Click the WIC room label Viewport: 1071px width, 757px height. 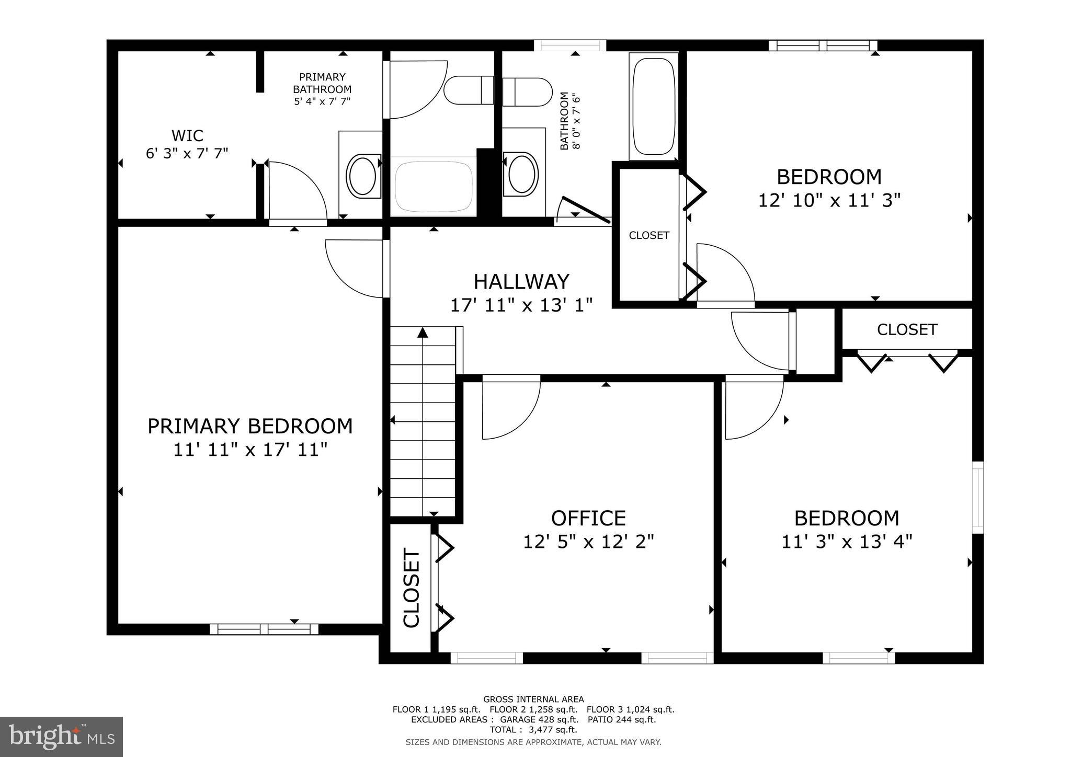click(187, 136)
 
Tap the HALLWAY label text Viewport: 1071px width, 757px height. click(521, 282)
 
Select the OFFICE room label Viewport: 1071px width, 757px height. click(588, 518)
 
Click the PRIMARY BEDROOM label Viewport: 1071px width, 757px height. click(250, 426)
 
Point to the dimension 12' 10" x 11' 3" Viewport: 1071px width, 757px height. click(829, 200)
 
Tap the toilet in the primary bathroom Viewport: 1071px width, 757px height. click(469, 90)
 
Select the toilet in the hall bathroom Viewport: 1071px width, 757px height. click(527, 92)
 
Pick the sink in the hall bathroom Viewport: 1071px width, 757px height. click(520, 173)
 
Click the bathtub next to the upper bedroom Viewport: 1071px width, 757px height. click(653, 107)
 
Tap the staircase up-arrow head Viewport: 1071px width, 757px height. click(423, 332)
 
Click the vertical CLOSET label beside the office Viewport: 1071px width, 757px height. click(412, 588)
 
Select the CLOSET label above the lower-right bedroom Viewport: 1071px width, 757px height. click(907, 329)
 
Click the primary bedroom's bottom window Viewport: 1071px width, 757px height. click(264, 629)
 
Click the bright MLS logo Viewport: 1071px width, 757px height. click(62, 737)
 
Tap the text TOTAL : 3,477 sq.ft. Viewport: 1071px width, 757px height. click(533, 729)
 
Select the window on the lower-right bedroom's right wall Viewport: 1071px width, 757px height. click(977, 497)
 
